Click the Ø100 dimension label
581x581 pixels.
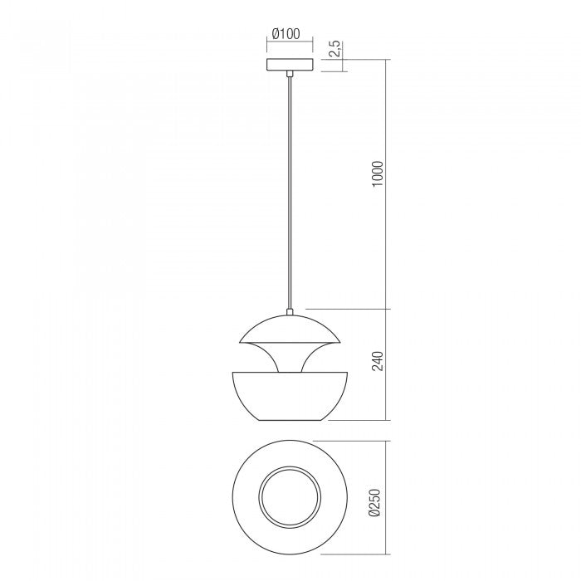pyautogui.click(x=286, y=35)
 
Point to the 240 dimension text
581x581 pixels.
pyautogui.click(x=378, y=363)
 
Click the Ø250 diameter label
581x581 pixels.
pyautogui.click(x=378, y=501)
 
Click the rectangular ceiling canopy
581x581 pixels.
pyautogui.click(x=290, y=66)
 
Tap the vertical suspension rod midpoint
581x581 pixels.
pyautogui.click(x=290, y=191)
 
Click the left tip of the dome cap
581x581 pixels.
pyautogui.click(x=238, y=341)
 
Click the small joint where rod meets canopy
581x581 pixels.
pyautogui.click(x=290, y=75)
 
